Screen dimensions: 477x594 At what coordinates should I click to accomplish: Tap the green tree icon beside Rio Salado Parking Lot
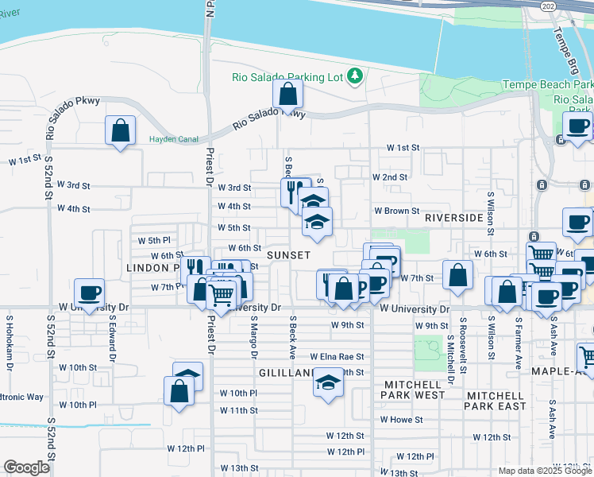tap(357, 76)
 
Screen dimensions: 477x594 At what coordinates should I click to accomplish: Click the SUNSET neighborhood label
tap(288, 254)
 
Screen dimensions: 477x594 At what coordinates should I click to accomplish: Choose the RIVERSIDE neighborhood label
tap(453, 217)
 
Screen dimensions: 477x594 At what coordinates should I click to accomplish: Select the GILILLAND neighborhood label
tap(287, 372)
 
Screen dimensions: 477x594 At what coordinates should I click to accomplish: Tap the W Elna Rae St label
tap(337, 357)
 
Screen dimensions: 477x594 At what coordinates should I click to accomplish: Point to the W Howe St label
tap(400, 419)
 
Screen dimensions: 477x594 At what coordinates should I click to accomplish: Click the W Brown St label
tap(397, 211)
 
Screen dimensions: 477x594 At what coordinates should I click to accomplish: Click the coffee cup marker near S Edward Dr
tap(88, 292)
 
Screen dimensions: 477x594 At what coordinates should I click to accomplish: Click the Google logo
tap(26, 467)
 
